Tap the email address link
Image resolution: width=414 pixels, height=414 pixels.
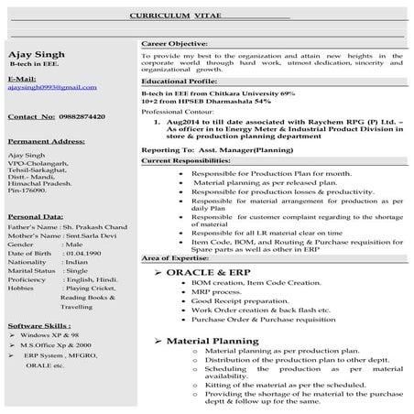[51, 87]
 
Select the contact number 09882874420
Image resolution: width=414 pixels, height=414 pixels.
[81, 117]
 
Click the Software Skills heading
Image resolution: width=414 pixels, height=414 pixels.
[38, 326]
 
